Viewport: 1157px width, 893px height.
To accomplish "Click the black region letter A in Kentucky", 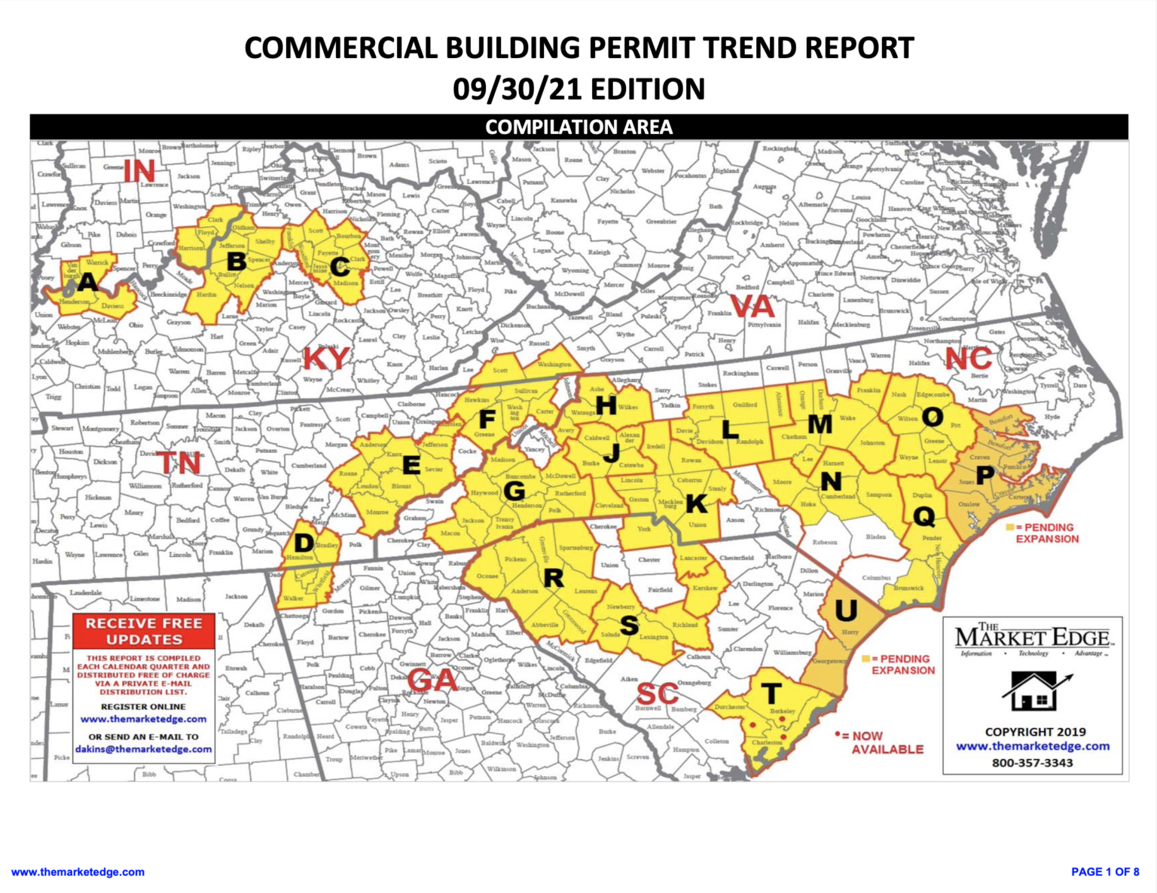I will click(88, 283).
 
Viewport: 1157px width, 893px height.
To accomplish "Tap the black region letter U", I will click(846, 610).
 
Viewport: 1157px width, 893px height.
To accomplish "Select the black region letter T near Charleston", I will click(771, 693).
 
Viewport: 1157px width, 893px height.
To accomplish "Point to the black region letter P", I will click(985, 476).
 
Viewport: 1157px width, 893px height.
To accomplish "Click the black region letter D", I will click(304, 543).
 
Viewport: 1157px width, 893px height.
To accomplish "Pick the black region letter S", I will click(629, 625).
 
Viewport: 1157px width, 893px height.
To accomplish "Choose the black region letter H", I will click(606, 405).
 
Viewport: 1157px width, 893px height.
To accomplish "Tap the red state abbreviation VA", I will click(753, 307).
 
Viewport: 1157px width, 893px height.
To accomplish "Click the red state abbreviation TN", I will click(179, 462).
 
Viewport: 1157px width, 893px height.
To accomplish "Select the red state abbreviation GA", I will click(433, 680).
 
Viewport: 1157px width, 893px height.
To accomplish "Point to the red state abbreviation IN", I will click(139, 171).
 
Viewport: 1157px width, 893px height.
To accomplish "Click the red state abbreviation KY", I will click(326, 358).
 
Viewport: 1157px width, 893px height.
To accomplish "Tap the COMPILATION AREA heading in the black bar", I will click(578, 127).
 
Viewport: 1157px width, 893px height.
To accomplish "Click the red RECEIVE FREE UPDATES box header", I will click(144, 632).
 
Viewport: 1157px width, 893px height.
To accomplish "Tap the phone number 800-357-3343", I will click(1032, 763).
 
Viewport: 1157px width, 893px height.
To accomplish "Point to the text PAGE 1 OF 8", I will click(1105, 871).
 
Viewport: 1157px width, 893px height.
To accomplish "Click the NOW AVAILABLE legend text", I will click(887, 742).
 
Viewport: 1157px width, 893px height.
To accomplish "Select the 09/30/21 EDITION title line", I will click(578, 89).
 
